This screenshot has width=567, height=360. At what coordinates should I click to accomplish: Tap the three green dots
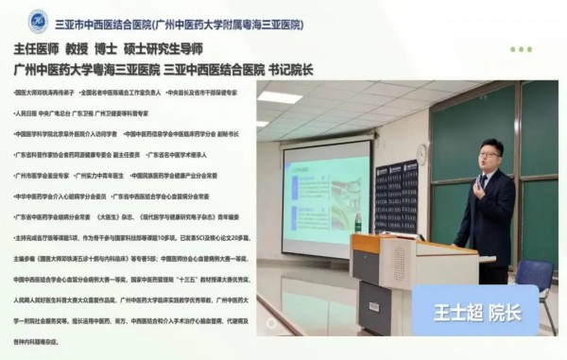coord(521,49)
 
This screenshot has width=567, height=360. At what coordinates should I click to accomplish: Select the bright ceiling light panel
coord(280,97)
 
